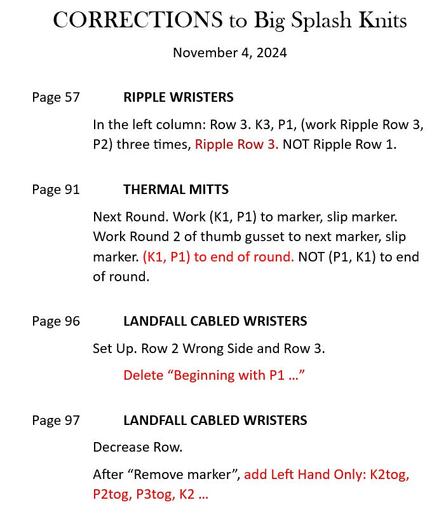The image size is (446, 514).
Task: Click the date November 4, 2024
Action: pyautogui.click(x=229, y=52)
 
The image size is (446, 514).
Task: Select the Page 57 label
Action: pyautogui.click(x=56, y=97)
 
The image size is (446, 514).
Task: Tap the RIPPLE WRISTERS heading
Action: pyautogui.click(x=178, y=97)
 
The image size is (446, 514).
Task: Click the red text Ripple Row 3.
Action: pyautogui.click(x=236, y=144)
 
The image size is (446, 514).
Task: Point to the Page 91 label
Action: pyautogui.click(x=56, y=190)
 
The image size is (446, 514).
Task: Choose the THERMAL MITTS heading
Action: pyautogui.click(x=176, y=190)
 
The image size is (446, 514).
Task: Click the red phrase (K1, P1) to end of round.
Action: pyautogui.click(x=218, y=257)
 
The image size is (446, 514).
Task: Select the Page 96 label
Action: pyautogui.click(x=56, y=321)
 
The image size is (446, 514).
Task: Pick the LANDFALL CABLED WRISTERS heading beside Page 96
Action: pyautogui.click(x=215, y=321)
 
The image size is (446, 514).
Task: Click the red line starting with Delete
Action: pyautogui.click(x=214, y=375)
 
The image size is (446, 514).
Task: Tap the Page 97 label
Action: pyautogui.click(x=56, y=420)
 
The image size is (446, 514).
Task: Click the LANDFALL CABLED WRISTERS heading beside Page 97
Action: pyautogui.click(x=215, y=420)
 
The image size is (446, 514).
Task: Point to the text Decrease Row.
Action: pyautogui.click(x=137, y=447)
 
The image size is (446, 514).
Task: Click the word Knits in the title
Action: pyautogui.click(x=382, y=20)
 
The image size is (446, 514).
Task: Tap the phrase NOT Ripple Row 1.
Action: pyautogui.click(x=339, y=144)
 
